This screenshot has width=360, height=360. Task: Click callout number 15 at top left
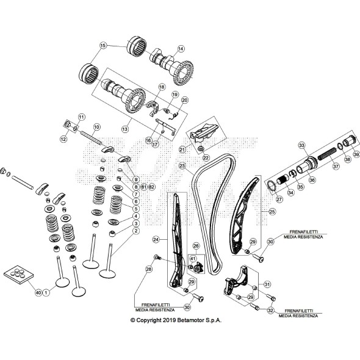103,46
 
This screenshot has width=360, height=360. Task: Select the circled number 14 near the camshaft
180,48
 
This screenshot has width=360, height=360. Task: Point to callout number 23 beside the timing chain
181,165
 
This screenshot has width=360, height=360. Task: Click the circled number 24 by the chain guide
156,239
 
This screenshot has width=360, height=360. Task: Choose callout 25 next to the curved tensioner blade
272,212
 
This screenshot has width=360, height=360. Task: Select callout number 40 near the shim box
38,293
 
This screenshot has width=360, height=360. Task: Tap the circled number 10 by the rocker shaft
96,128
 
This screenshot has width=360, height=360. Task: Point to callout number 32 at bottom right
270,311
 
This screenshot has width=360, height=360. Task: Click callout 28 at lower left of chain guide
148,269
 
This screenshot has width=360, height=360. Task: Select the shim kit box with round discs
17,275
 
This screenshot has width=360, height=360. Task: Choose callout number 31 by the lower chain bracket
267,284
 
